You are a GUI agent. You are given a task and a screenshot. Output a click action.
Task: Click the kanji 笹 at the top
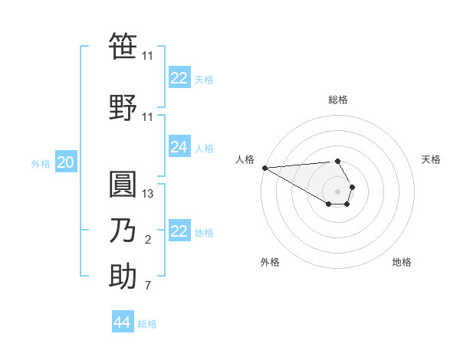point(123,47)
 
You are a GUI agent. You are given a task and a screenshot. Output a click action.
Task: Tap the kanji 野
point(123,106)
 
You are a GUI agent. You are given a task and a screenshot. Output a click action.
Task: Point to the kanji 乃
point(123,231)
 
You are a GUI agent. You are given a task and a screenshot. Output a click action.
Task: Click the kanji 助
point(123,277)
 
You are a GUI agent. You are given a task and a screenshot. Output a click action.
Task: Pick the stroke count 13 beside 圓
point(148,194)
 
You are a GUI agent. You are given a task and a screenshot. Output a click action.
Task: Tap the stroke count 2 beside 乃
point(148,241)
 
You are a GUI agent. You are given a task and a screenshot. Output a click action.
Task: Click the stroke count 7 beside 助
point(148,286)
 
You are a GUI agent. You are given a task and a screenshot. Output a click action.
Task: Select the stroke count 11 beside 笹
point(148,56)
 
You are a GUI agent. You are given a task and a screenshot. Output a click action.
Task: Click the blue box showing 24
point(179,147)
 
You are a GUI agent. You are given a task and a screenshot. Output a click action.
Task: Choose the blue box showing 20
point(65,162)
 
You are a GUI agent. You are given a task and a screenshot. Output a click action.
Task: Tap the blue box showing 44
point(122,322)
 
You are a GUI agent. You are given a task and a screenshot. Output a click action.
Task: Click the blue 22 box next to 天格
point(179,78)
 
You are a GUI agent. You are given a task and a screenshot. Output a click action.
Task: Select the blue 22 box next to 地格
point(179,231)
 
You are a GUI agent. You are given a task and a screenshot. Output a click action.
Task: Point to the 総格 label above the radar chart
point(337,100)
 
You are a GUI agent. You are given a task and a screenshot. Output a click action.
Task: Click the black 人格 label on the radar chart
point(245,159)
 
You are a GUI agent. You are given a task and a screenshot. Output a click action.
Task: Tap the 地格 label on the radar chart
point(402,262)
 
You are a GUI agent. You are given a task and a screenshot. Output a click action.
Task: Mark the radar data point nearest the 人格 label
point(264,168)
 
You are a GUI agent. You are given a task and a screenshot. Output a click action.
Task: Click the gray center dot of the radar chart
point(337,191)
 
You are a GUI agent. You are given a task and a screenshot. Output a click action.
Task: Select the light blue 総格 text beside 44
point(147,324)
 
